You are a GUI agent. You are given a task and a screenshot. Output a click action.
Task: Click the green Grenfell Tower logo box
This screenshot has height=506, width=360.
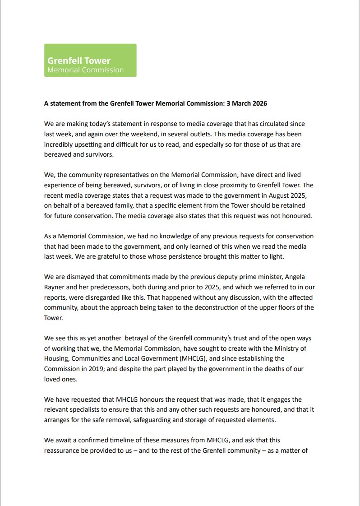(90, 60)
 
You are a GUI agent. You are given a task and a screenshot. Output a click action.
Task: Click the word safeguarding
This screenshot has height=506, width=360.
(170, 420)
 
